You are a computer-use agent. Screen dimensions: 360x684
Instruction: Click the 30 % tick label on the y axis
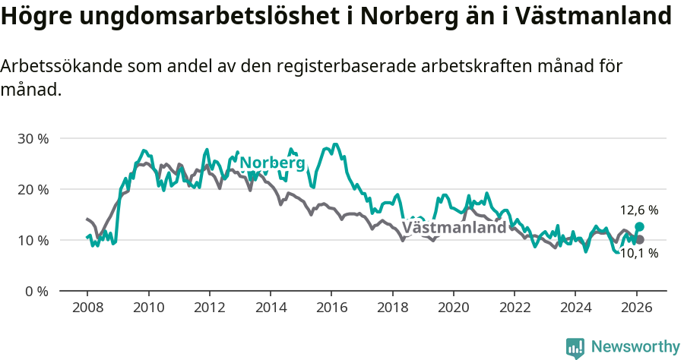tap(33, 139)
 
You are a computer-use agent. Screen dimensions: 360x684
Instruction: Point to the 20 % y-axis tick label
tap(33, 190)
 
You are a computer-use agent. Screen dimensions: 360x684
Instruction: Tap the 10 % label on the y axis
tap(33, 241)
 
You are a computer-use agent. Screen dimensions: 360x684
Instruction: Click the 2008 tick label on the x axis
tap(87, 308)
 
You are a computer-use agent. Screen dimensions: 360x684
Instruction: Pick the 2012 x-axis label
tap(209, 308)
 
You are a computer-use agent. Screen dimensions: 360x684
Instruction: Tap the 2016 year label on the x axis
tap(331, 308)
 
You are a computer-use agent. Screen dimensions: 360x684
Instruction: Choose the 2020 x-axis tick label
tap(454, 308)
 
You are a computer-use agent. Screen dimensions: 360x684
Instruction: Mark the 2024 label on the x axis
tap(575, 308)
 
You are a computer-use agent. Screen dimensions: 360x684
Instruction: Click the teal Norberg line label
tap(272, 163)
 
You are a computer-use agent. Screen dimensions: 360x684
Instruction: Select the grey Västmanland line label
tap(454, 228)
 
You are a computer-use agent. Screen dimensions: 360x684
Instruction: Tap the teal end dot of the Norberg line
tap(640, 227)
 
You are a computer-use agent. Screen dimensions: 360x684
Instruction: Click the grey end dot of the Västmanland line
tap(640, 240)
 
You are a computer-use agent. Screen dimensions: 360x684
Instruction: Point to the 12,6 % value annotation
tap(639, 210)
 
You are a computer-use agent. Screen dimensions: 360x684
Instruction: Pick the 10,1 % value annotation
tap(639, 254)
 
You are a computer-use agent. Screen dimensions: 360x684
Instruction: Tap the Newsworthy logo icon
tap(575, 348)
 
